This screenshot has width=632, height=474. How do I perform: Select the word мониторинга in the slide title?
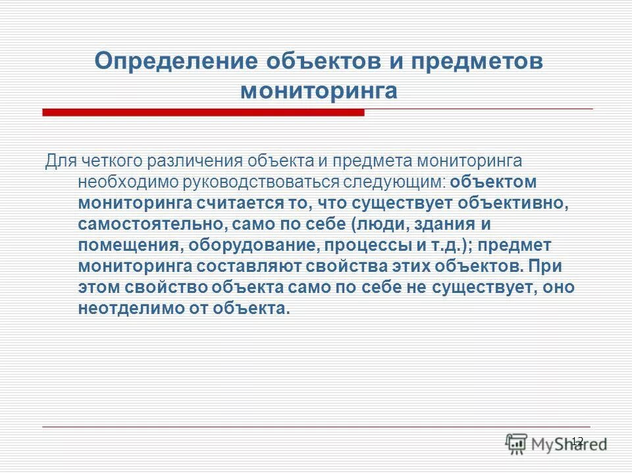coord(319,90)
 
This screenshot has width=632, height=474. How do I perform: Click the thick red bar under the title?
coord(203,113)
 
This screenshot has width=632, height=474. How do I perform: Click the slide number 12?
coord(577,440)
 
